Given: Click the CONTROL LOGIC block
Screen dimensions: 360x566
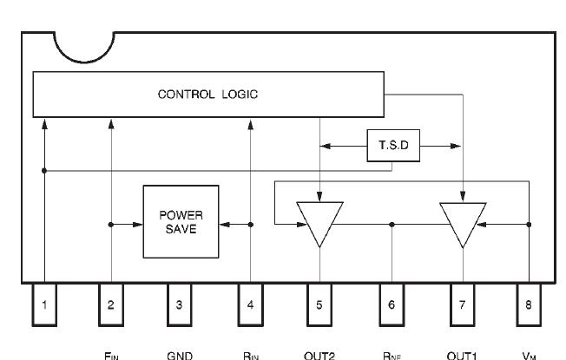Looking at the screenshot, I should [x=208, y=95].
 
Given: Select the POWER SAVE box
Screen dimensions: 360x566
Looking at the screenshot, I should [x=181, y=224].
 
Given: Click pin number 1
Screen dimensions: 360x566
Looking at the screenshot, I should [x=43, y=304].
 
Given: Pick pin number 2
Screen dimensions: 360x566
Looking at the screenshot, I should [x=110, y=304].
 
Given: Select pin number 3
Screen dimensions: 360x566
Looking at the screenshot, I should [x=179, y=304].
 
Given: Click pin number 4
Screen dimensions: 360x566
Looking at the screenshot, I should [x=250, y=304].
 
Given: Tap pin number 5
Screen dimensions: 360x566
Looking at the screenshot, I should [x=319, y=304].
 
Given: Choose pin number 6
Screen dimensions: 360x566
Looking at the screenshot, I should [x=392, y=304].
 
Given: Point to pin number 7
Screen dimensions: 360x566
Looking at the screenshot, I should [x=462, y=304].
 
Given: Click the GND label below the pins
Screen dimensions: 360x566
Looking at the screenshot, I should [x=179, y=354].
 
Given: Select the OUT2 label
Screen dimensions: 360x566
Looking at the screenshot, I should [x=319, y=354].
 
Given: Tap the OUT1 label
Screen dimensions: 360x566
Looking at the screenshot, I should [x=462, y=354].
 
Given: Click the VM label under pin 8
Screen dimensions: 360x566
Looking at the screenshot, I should [x=528, y=354].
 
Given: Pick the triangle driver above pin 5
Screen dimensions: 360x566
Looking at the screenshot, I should [x=319, y=219].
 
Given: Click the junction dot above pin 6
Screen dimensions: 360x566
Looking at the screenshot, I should [x=392, y=224].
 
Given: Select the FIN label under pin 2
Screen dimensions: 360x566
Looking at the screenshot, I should [x=110, y=354].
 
